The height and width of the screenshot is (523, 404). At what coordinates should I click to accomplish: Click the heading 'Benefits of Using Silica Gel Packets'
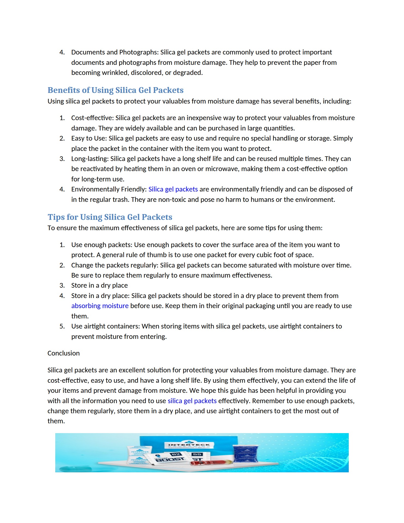pyautogui.click(x=115, y=90)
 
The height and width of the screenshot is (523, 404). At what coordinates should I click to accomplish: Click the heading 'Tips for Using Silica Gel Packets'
pyautogui.click(x=110, y=217)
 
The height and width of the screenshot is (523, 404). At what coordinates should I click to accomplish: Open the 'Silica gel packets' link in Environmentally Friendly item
pyautogui.click(x=173, y=189)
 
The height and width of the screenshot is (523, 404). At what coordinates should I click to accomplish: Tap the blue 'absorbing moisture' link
pyautogui.click(x=100, y=306)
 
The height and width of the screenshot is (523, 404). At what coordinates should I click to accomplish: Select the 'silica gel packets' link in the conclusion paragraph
pyautogui.click(x=192, y=401)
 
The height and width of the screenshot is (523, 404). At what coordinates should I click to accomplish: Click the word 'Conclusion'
pyautogui.click(x=63, y=353)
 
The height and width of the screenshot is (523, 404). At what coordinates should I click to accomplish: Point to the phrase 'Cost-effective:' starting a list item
pyautogui.click(x=92, y=118)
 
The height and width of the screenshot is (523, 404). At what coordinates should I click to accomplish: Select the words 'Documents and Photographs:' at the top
pyautogui.click(x=115, y=52)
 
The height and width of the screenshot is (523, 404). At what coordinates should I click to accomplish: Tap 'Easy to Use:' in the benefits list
pyautogui.click(x=89, y=138)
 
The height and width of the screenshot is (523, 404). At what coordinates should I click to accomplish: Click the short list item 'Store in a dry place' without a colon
pyautogui.click(x=99, y=285)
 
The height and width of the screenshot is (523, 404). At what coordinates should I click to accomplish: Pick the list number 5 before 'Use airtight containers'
pyautogui.click(x=62, y=326)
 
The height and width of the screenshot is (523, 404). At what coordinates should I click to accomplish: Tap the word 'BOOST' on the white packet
pyautogui.click(x=170, y=460)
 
